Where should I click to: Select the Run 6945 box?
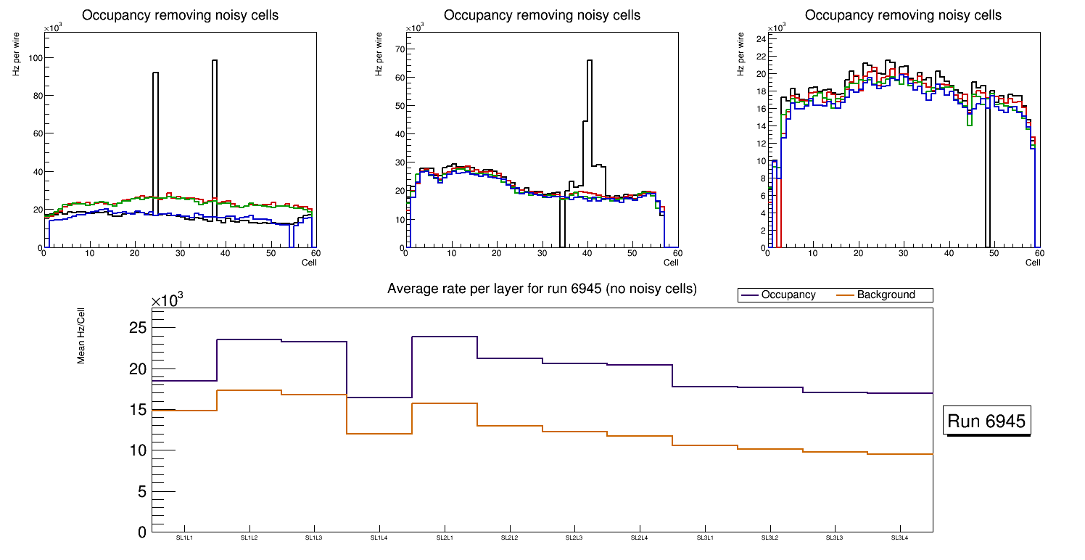(986, 421)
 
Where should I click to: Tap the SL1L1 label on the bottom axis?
(184, 538)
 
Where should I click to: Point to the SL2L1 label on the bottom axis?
(445, 538)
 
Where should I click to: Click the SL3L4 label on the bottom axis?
(900, 538)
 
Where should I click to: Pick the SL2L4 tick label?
(640, 538)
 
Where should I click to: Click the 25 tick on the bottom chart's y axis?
(137, 328)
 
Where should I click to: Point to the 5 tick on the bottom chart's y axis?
(142, 492)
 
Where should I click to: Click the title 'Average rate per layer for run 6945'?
(542, 289)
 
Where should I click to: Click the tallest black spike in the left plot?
(215, 61)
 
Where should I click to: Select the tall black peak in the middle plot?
(590, 61)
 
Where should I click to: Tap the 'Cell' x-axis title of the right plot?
(1033, 262)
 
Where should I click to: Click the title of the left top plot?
(180, 15)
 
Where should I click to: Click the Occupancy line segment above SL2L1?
(445, 337)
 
